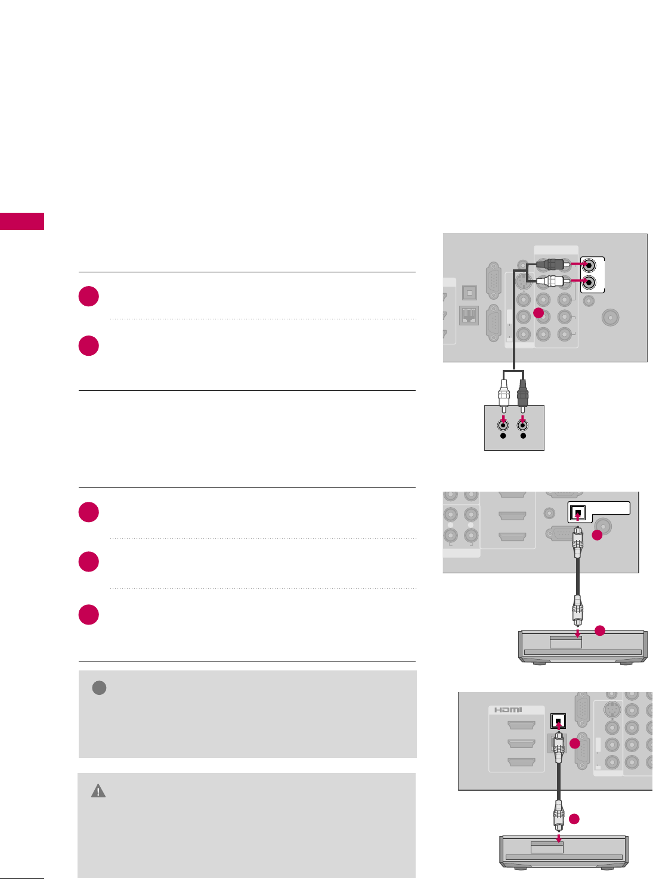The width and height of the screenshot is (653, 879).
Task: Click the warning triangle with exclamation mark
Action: pos(98,791)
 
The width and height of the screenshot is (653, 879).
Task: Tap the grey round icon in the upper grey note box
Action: pos(99,688)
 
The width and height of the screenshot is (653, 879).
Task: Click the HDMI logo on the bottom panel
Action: pos(507,710)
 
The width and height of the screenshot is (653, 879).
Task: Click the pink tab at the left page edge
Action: pos(22,221)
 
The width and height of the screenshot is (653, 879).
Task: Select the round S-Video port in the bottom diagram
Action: pos(612,710)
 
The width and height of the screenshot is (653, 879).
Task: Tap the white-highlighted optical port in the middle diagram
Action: pos(578,513)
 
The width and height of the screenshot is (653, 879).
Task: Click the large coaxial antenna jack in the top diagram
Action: pos(612,317)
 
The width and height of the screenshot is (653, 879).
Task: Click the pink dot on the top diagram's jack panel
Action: pos(539,313)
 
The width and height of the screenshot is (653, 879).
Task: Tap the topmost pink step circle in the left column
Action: pos(89,296)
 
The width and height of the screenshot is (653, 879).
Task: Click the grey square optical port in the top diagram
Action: pos(469,293)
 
